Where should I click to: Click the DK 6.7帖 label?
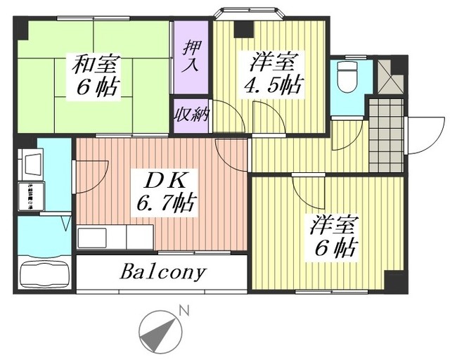[x=165, y=193]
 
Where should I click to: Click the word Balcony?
[x=164, y=271]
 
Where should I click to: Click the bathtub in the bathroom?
[x=44, y=272]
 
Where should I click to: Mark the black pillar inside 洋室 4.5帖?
[x=243, y=29]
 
